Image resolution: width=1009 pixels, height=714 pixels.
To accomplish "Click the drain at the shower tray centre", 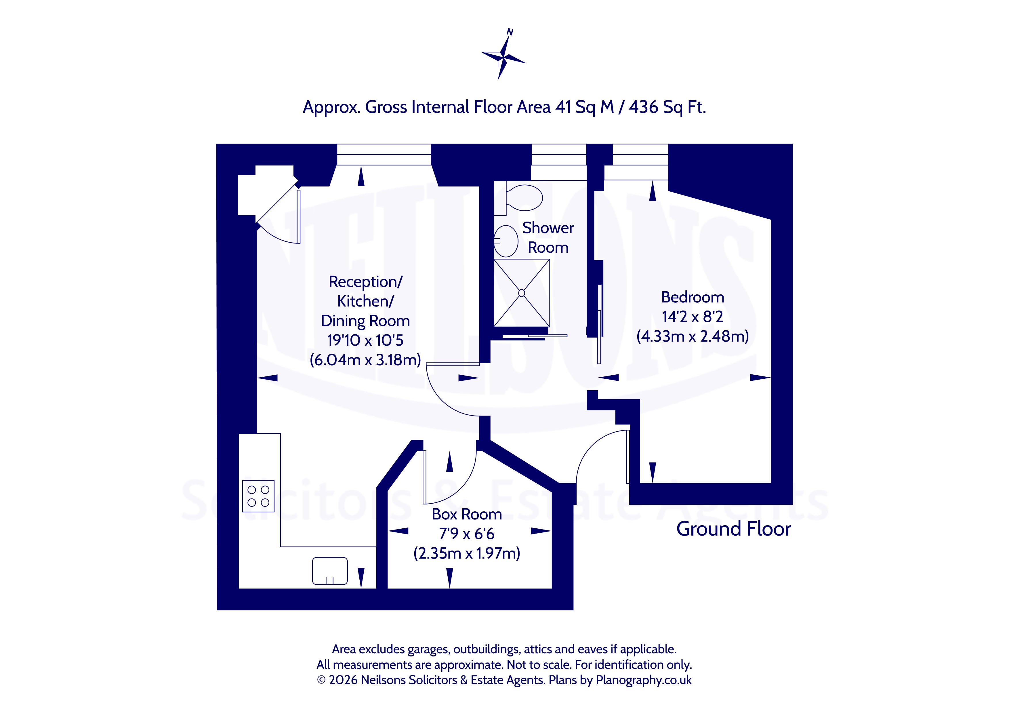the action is click(522, 293).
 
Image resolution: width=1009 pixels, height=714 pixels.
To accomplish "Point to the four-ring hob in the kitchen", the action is click(258, 496).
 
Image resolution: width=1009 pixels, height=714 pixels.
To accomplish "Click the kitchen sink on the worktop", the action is click(330, 571).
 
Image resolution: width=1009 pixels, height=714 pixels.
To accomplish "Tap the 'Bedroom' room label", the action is click(693, 297).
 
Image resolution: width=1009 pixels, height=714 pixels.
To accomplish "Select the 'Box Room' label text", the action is click(467, 514).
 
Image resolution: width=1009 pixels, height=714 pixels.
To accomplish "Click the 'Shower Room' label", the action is click(548, 237).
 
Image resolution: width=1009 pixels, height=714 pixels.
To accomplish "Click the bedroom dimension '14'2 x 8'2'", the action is click(693, 317).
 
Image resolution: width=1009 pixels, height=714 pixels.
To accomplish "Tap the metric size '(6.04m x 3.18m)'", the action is click(365, 360).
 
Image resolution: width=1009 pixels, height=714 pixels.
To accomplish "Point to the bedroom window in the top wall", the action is click(640, 162).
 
